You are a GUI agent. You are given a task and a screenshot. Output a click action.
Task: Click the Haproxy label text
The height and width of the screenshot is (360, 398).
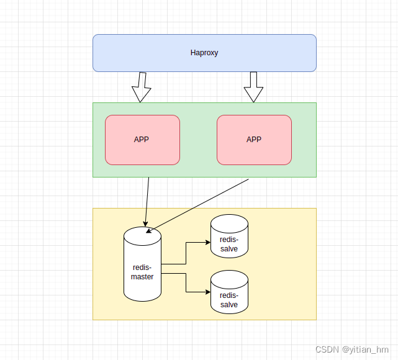204,53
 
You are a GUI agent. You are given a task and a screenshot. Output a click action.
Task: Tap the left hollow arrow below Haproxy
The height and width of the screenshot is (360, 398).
142,88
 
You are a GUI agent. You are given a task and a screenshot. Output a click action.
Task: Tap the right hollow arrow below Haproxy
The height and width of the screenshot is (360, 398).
253,88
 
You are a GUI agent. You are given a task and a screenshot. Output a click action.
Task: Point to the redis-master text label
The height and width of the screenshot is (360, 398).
142,272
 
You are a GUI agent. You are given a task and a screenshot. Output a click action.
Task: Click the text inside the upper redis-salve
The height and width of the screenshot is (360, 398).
229,244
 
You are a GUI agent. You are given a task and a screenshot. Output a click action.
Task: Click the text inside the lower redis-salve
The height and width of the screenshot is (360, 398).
229,300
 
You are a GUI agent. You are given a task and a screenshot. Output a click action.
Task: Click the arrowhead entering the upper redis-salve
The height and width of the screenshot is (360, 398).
207,242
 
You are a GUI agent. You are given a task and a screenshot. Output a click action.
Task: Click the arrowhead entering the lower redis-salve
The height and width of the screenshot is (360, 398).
207,292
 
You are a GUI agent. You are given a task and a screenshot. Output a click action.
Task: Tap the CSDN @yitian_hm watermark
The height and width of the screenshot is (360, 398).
351,349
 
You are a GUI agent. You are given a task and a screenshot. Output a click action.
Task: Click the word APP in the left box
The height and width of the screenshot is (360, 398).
142,140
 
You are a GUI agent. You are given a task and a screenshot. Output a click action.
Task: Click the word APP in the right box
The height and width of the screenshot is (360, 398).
254,140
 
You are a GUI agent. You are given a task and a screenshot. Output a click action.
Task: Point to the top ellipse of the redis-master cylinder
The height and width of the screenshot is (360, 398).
142,235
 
